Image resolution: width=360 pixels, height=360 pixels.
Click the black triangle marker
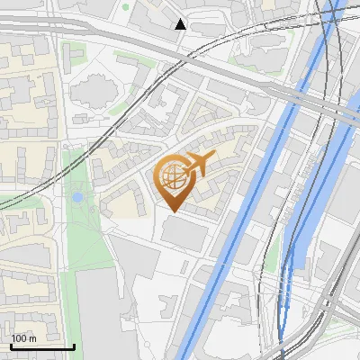(181, 24)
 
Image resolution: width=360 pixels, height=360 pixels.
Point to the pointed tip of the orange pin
(172, 211)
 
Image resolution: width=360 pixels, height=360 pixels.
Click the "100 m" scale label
(24, 338)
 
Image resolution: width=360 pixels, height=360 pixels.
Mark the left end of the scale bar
(10, 346)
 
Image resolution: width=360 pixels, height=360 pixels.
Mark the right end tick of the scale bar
(74, 346)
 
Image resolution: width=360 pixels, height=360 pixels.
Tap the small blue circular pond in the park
(77, 196)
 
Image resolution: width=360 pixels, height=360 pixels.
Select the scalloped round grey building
(93, 91)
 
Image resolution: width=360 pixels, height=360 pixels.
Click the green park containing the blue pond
(85, 225)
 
